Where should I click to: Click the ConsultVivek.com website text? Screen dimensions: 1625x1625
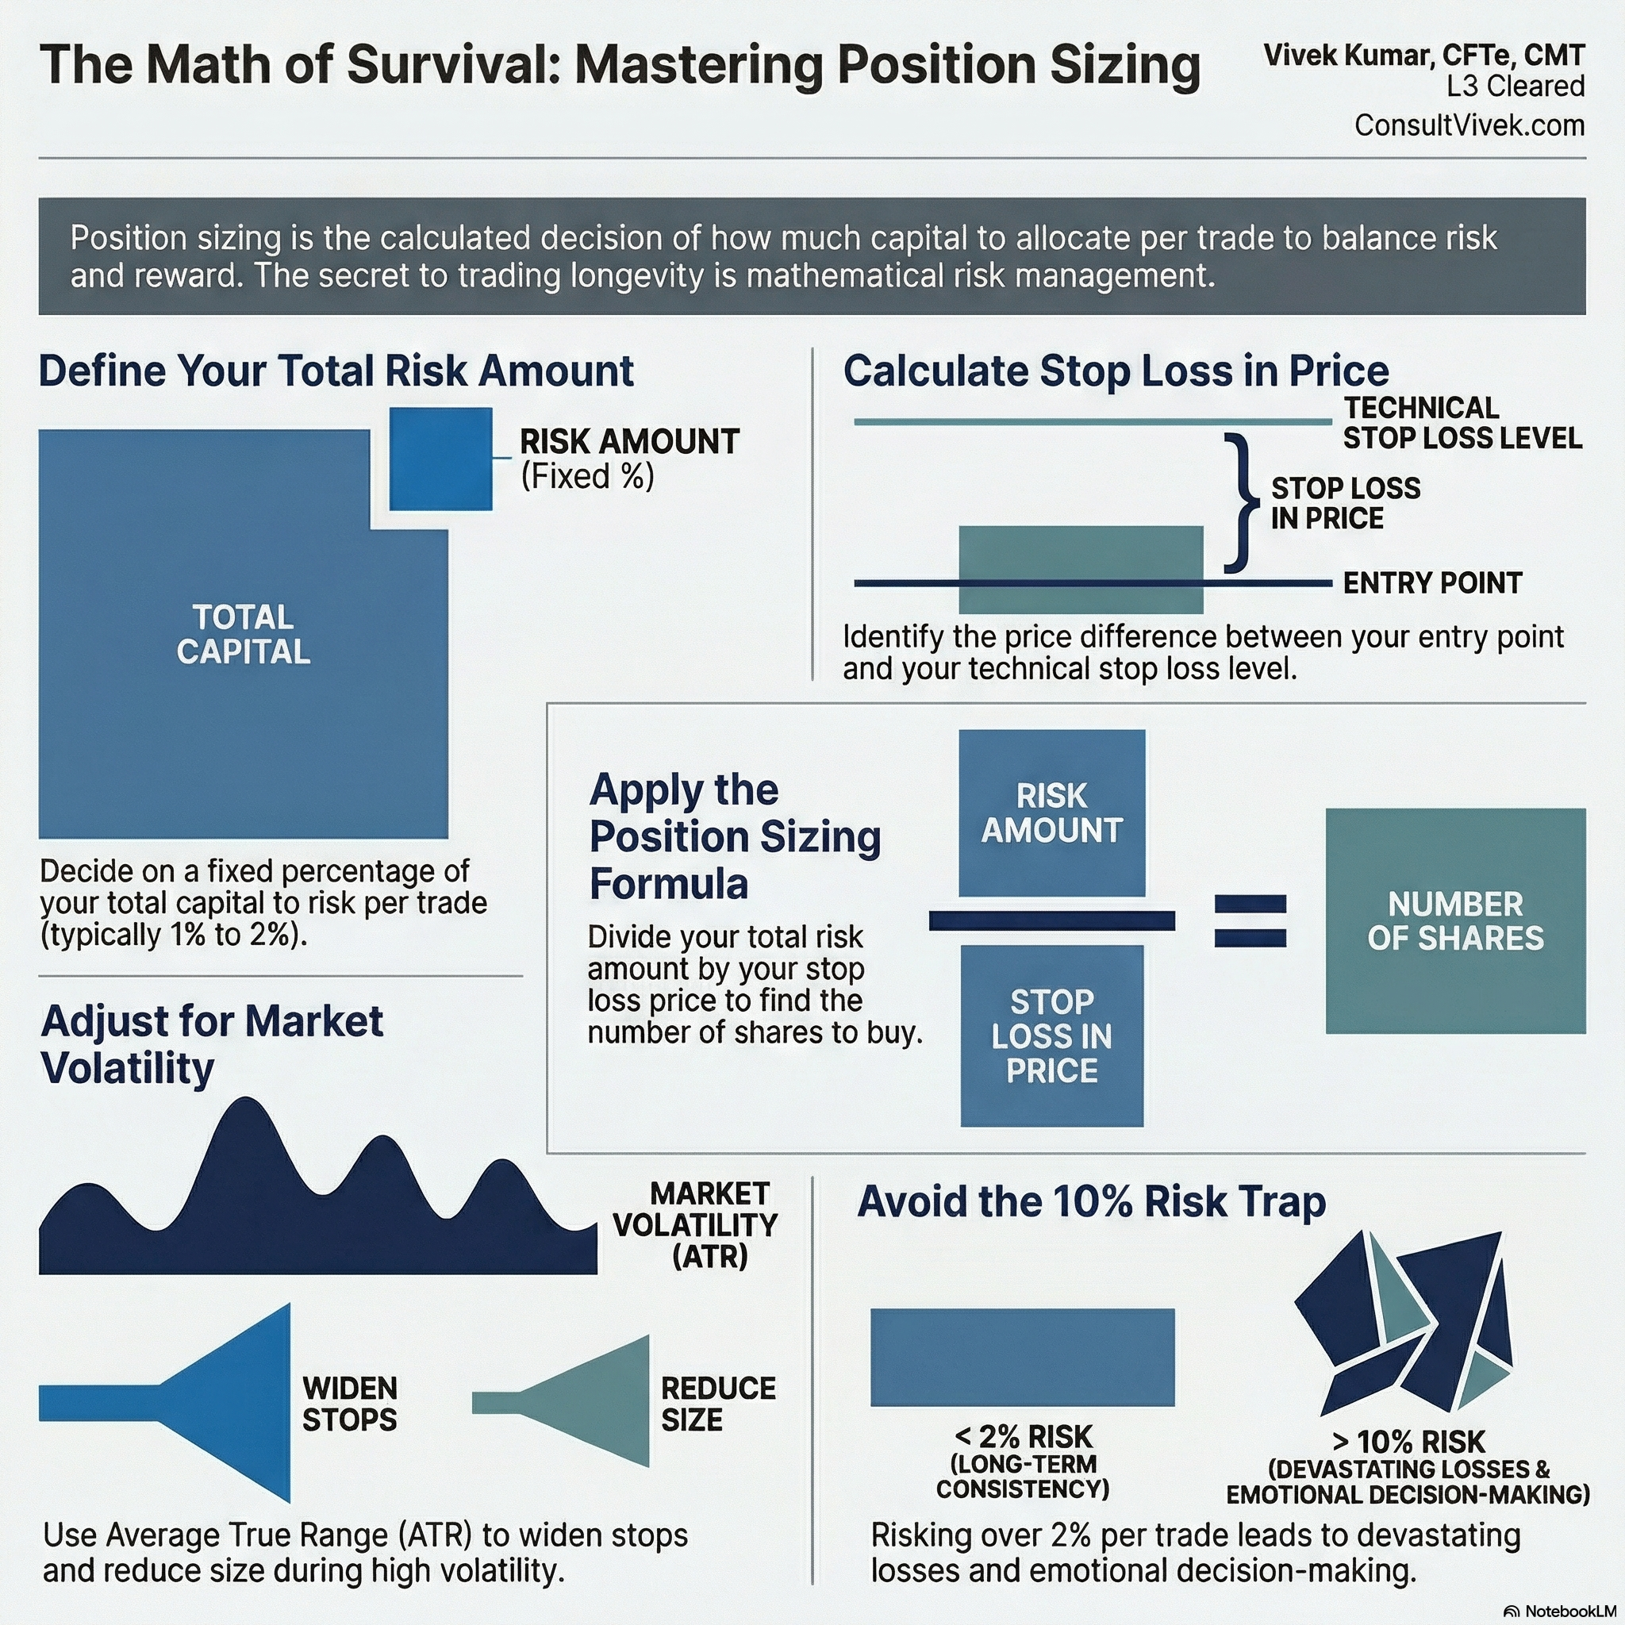(x=1469, y=125)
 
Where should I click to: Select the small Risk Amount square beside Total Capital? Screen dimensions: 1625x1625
(x=440, y=459)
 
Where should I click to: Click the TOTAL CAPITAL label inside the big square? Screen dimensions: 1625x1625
(x=243, y=634)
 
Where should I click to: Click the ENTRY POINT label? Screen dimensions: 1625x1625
(x=1431, y=583)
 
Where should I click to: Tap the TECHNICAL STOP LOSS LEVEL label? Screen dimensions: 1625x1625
(x=1462, y=423)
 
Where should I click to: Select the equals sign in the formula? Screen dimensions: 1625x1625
(x=1250, y=921)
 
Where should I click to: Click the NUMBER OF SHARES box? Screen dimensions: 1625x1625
(x=1455, y=921)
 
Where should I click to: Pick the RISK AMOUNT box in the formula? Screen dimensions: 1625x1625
(x=1051, y=812)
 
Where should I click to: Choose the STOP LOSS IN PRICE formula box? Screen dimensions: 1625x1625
(x=1051, y=1035)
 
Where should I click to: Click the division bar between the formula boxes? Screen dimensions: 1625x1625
(x=1051, y=921)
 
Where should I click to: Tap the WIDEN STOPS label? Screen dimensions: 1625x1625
(x=349, y=1404)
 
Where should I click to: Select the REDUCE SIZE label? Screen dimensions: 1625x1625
(x=717, y=1404)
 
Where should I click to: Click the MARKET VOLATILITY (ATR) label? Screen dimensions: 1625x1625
(x=697, y=1224)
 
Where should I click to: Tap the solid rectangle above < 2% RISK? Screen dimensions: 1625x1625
(x=1022, y=1357)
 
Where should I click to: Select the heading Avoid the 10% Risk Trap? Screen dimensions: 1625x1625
(x=1091, y=1201)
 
